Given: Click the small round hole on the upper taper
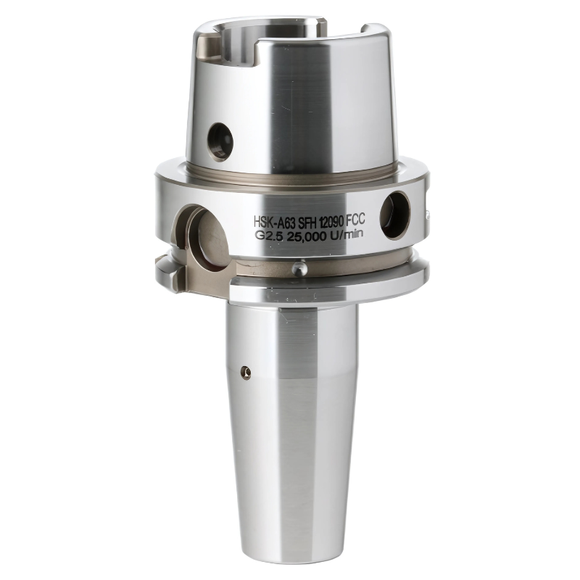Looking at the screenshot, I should point(220,139).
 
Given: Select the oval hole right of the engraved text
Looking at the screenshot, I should point(395,215).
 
